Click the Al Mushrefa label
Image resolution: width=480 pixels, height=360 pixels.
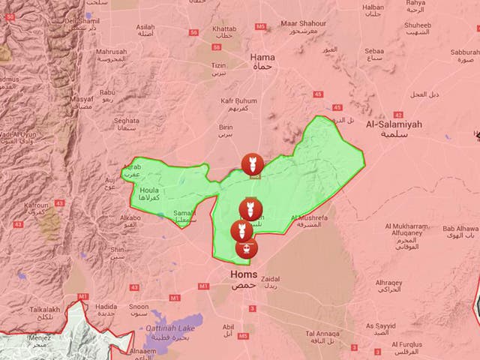coord(305,220)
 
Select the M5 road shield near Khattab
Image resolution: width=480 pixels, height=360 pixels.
coord(260,26)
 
